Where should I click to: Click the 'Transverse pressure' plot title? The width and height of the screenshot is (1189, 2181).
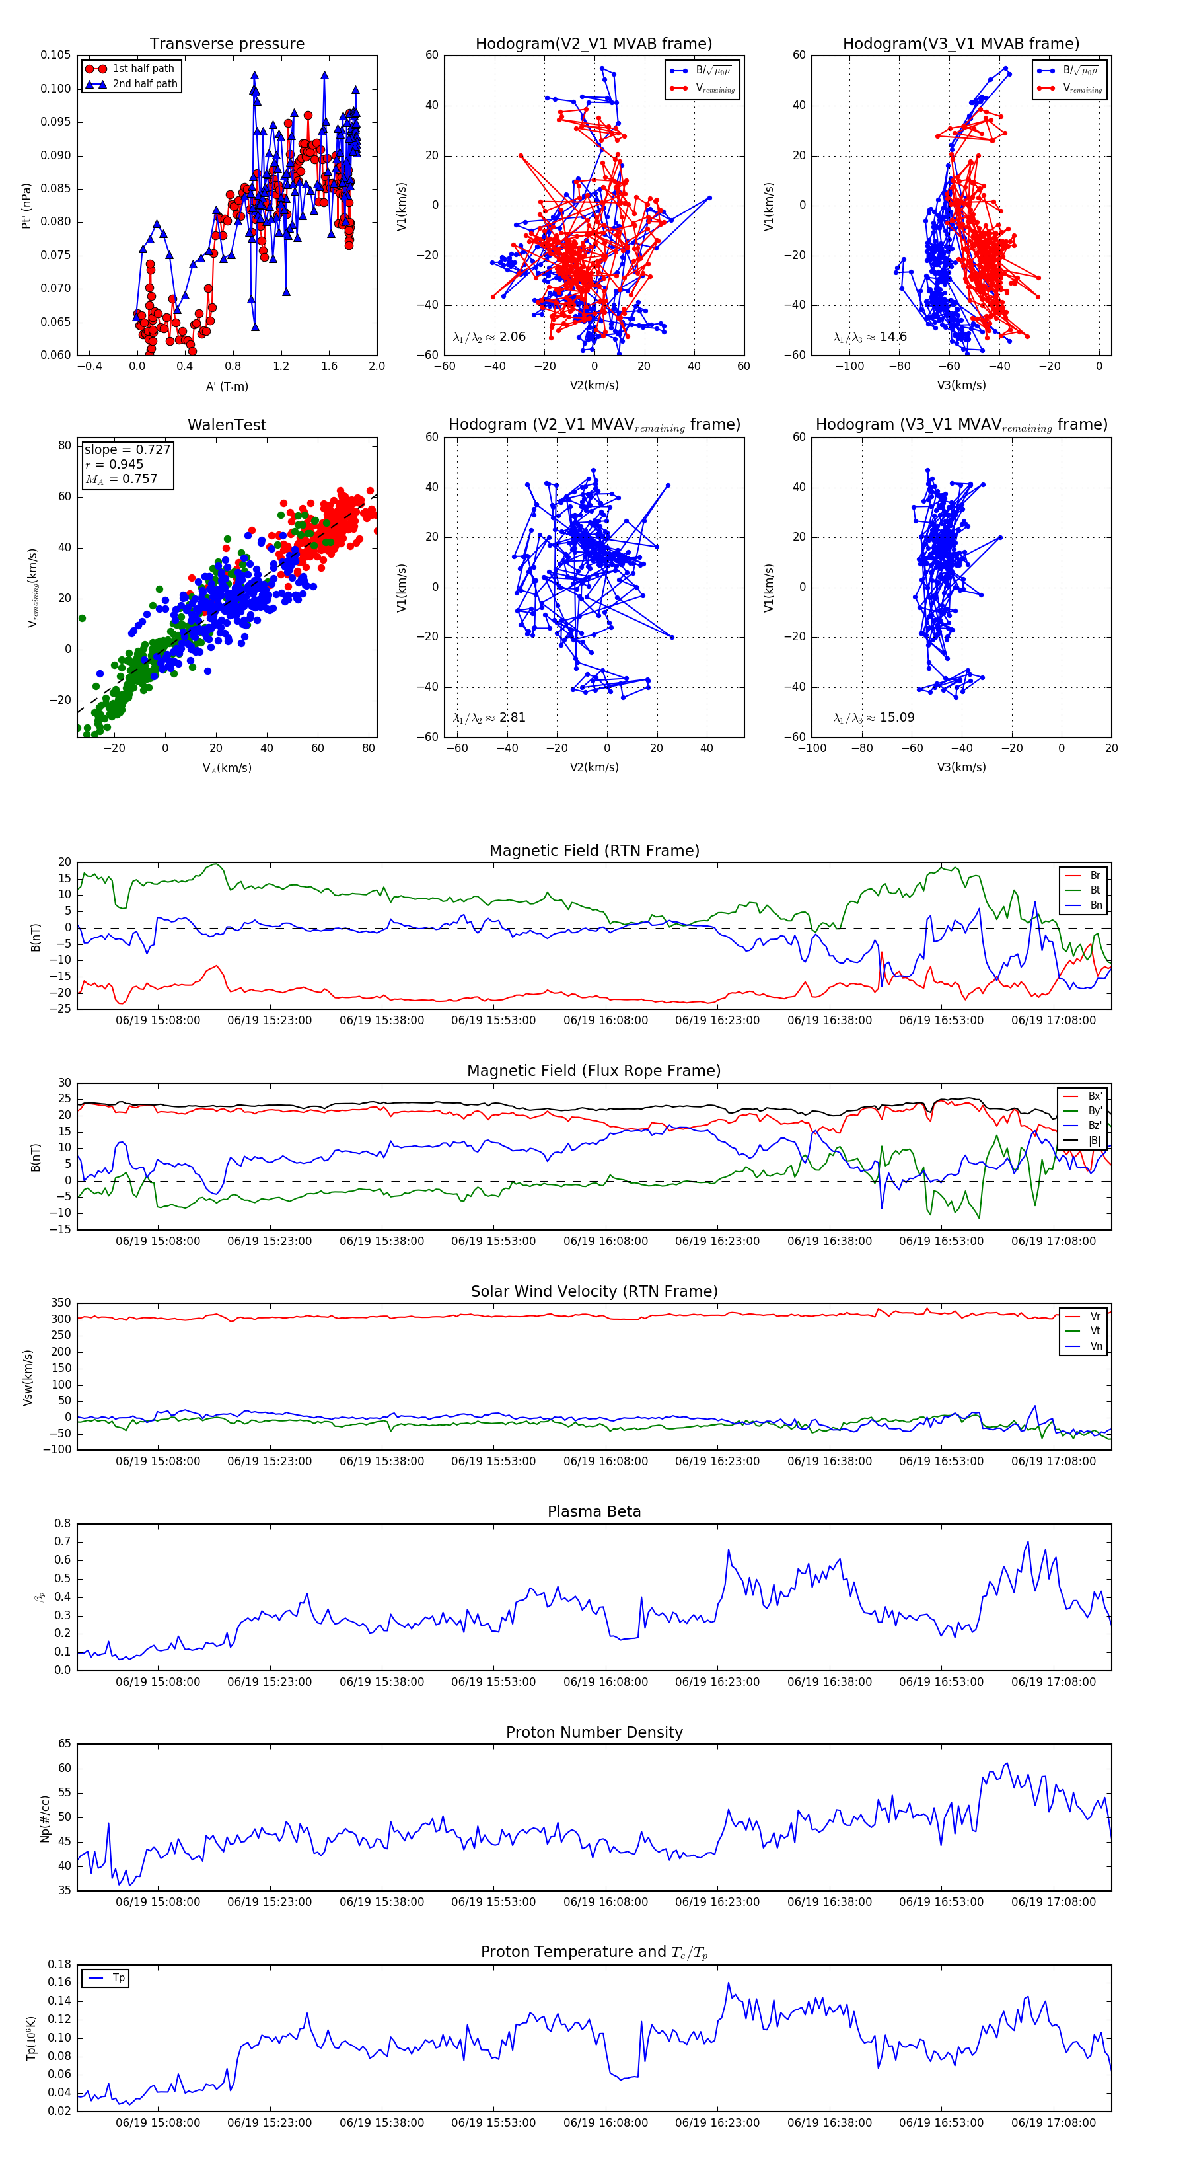[x=227, y=44]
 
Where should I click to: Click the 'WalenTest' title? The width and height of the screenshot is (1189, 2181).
[x=227, y=425]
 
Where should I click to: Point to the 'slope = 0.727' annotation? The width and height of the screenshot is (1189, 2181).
[x=127, y=449]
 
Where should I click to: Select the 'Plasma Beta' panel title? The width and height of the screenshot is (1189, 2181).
[x=594, y=1511]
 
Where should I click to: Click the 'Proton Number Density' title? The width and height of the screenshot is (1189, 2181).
[x=594, y=1732]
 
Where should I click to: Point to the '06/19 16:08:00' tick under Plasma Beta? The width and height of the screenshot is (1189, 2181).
[x=606, y=1681]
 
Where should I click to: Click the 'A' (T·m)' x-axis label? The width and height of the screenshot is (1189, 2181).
[x=227, y=387]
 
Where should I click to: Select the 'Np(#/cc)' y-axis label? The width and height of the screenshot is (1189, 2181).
[x=45, y=1819]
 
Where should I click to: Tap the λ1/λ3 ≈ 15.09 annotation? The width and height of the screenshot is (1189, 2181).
[x=873, y=718]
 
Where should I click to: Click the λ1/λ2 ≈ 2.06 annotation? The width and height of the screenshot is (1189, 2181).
[x=489, y=337]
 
